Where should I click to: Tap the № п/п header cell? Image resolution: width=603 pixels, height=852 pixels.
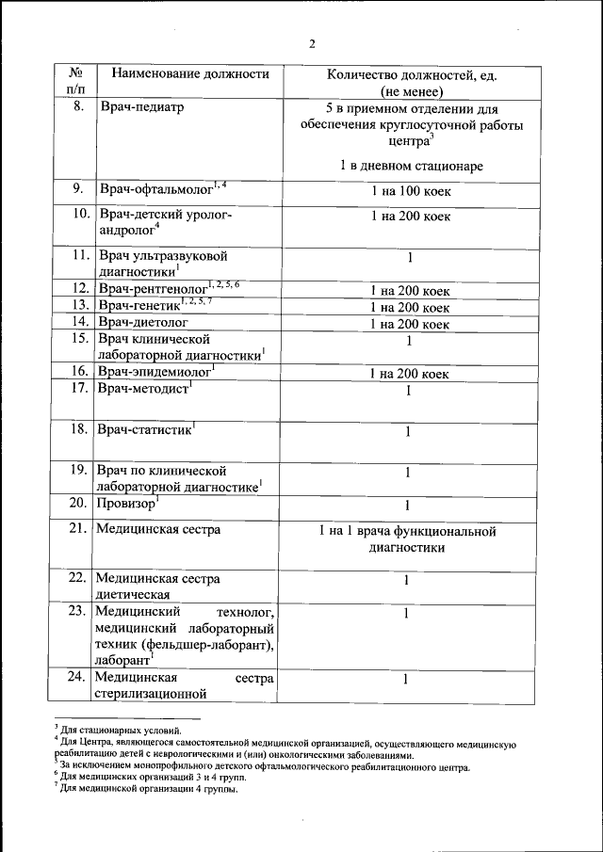[76, 82]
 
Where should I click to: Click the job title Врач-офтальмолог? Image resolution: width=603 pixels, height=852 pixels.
[155, 190]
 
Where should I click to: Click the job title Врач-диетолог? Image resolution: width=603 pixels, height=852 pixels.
[143, 322]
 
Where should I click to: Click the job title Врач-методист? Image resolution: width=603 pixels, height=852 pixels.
[141, 389]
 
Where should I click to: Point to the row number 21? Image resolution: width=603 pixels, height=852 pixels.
[77, 530]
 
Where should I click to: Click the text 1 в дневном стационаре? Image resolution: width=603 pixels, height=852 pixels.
[412, 166]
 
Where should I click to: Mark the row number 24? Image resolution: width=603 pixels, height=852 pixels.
[77, 678]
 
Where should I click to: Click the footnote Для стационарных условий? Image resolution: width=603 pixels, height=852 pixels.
[126, 730]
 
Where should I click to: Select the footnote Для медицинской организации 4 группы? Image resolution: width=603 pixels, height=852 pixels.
[149, 789]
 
